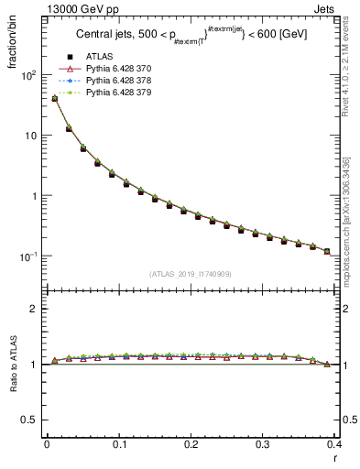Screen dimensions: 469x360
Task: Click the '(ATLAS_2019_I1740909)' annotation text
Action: tap(190, 274)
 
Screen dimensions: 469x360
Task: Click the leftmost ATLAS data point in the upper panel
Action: tap(54, 99)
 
